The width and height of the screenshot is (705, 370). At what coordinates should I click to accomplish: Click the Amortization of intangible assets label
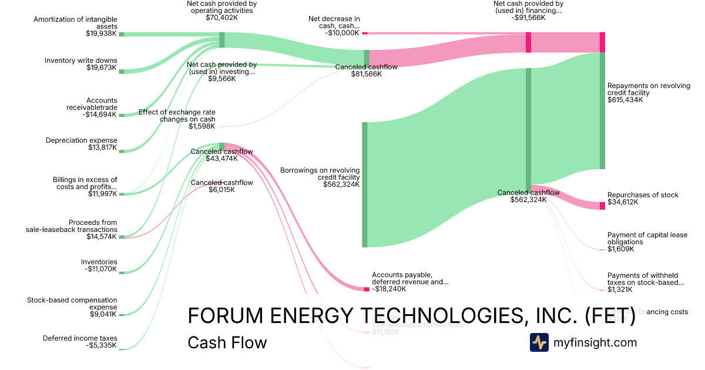point(75,23)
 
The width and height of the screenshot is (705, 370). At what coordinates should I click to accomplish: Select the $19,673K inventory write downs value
point(102,68)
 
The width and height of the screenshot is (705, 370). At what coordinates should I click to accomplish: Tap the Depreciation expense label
point(81,140)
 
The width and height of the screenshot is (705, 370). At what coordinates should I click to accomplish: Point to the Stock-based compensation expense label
point(72,303)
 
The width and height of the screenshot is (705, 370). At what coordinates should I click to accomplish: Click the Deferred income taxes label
point(80,338)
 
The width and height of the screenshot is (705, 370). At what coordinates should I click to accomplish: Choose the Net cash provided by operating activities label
point(221,6)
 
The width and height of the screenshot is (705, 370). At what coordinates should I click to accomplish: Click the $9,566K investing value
point(221,79)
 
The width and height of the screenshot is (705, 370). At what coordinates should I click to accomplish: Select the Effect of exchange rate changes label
point(177,115)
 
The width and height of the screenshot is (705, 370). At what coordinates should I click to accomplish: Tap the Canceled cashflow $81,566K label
point(366,67)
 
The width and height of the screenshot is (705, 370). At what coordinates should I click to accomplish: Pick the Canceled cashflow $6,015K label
point(221,183)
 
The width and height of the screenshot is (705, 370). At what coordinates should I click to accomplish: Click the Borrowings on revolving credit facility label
point(320,173)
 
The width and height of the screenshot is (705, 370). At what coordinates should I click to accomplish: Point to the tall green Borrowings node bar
point(364,184)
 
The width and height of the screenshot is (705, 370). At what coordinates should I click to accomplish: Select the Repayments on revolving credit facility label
point(649,89)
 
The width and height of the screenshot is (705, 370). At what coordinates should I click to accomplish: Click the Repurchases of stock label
point(643,195)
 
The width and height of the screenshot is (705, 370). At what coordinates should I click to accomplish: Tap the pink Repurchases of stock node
point(602,206)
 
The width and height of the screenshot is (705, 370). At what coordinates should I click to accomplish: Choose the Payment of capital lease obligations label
point(647,238)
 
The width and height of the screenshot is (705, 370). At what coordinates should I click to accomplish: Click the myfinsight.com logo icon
point(539,342)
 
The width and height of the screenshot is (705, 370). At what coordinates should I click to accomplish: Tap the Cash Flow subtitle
point(227,342)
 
